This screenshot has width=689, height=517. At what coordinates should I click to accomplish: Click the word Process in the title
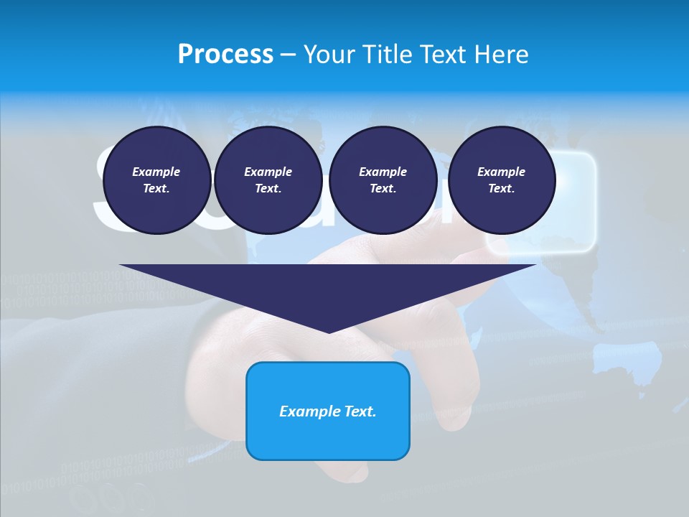pos(225,55)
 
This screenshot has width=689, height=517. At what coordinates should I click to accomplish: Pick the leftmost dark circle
pos(156,180)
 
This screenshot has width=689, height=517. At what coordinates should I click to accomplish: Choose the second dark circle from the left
pos(268,180)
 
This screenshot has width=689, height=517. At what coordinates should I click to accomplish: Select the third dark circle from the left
pos(383,180)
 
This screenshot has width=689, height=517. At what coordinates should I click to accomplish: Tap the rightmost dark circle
pos(502,180)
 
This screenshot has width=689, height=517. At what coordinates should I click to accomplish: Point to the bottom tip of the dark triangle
pos(329,332)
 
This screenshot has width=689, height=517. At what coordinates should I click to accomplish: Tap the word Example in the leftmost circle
pos(156,172)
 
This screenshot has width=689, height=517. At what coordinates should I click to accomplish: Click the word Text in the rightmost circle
pos(501,189)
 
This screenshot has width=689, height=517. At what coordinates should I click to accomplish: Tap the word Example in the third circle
pos(383,172)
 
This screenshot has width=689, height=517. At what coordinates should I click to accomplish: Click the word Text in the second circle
pos(268,189)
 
